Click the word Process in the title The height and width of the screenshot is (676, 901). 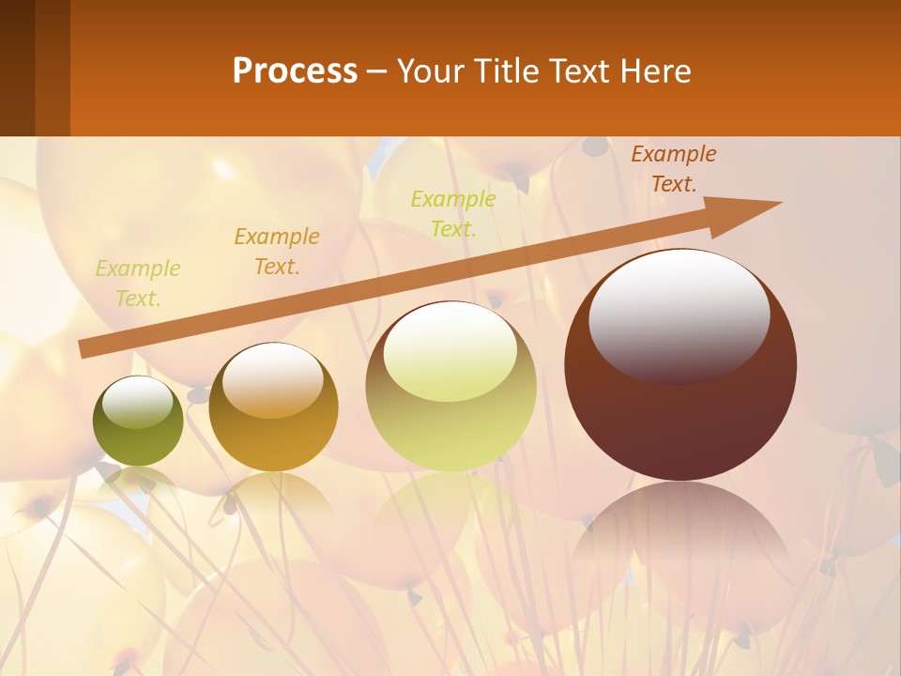point(295,71)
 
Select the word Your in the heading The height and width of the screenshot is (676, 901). point(429,71)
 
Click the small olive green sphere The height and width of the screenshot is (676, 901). point(138,422)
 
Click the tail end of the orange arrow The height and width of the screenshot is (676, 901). point(84,349)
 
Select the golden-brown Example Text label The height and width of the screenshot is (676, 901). point(277,252)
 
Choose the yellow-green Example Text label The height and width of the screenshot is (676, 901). point(453,213)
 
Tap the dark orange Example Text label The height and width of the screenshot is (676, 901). point(674,169)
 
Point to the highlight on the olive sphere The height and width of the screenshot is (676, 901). point(137,402)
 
